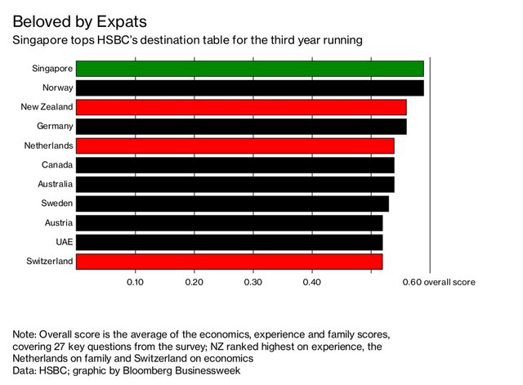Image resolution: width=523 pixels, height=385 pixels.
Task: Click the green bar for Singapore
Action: point(250,69)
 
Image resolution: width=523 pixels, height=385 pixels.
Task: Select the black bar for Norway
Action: point(250,87)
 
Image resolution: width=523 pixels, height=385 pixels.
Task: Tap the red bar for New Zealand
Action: point(241,107)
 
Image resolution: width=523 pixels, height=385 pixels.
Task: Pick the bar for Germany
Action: point(241,127)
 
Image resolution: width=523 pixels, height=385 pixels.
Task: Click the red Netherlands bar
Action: point(235,145)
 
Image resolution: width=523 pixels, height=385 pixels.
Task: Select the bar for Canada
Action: point(235,165)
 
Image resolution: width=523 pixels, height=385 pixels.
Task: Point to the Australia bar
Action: point(235,184)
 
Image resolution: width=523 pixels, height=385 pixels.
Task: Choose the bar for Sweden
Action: point(232,204)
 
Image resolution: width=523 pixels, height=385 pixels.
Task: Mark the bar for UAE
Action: point(229,242)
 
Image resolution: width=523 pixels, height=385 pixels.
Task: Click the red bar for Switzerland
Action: point(229,262)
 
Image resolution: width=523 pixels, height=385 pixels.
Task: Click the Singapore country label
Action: point(51,69)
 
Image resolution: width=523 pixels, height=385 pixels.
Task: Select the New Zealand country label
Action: point(47,107)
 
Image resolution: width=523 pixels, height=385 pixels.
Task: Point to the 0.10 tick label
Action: point(136,282)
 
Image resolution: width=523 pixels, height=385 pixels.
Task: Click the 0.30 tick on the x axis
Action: point(253,282)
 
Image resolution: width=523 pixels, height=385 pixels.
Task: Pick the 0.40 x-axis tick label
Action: point(312,282)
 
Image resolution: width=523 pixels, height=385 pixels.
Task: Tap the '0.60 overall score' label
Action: point(439,282)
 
